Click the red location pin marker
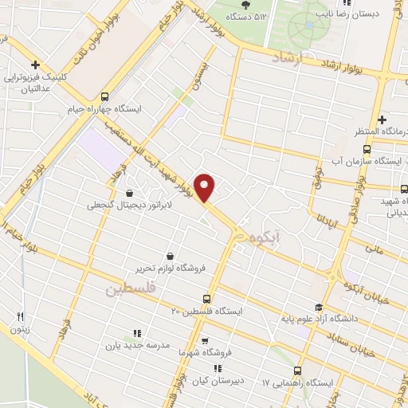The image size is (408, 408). pos(206,186)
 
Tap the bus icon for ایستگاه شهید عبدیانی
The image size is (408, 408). pos(402,189)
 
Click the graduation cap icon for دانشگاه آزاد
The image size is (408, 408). pos(318,308)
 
